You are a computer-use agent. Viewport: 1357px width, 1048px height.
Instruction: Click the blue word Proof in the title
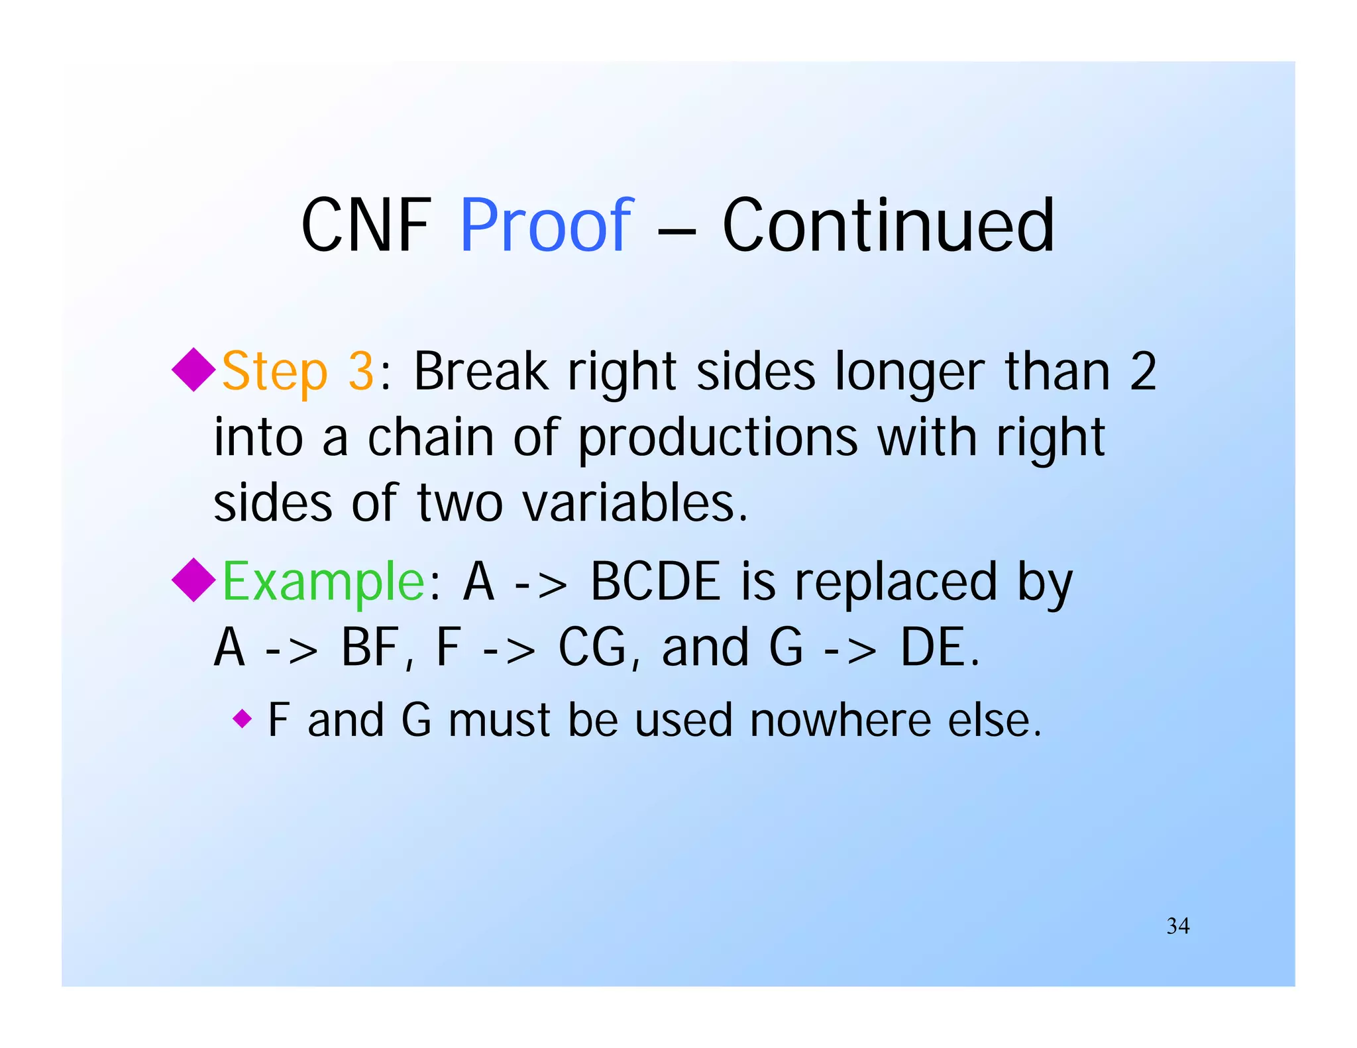[546, 226]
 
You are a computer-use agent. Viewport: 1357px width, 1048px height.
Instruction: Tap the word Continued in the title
[888, 226]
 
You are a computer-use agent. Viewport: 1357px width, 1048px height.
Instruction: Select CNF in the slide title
[366, 226]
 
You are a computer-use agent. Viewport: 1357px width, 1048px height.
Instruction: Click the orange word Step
[274, 372]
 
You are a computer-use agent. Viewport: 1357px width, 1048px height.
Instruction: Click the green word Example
[323, 582]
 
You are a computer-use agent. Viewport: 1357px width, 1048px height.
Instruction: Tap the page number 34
[1177, 925]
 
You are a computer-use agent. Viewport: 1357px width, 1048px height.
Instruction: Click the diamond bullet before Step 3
[193, 370]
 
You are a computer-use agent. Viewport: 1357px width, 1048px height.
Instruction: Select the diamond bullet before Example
[193, 580]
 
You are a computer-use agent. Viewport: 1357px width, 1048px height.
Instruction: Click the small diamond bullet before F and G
[243, 718]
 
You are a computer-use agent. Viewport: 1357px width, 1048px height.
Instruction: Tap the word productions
[718, 439]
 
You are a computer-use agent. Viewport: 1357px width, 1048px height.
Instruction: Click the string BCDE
[655, 582]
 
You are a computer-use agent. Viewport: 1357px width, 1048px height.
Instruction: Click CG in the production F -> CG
[592, 647]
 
